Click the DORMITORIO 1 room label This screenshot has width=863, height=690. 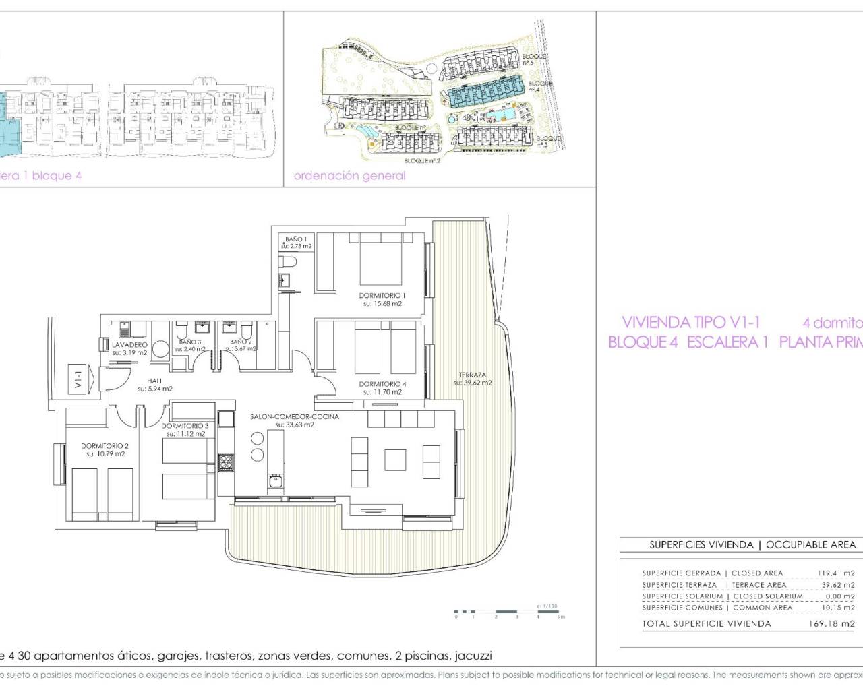point(382,295)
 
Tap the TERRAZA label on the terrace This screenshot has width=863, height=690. point(473,375)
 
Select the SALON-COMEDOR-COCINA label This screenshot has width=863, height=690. point(294,416)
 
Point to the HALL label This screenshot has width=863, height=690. point(155,381)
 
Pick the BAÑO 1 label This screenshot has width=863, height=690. point(296,239)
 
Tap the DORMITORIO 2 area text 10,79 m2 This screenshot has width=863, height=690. point(105,454)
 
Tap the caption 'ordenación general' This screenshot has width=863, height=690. point(349,176)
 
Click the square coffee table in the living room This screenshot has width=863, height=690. point(396,460)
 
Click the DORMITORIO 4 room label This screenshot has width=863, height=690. point(382,384)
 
